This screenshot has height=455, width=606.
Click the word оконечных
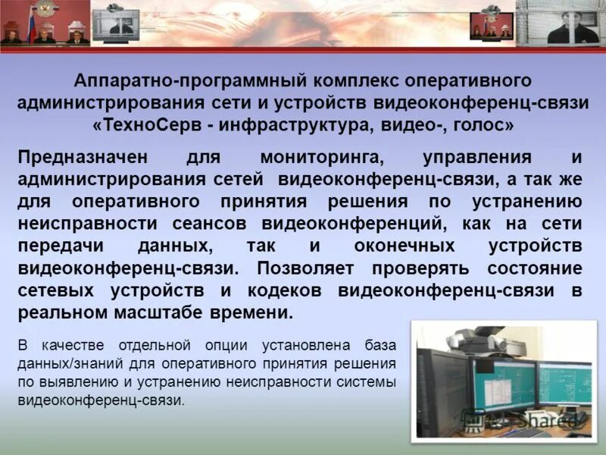click(405, 246)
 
